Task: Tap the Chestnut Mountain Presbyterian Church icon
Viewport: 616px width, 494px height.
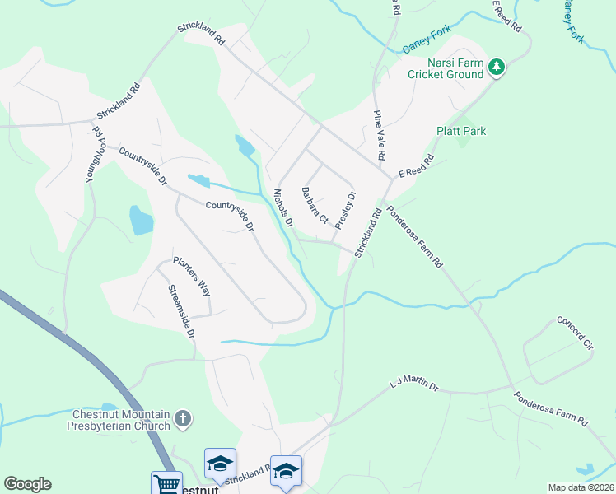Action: pos(183,420)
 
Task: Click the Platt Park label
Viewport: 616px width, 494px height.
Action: pos(461,131)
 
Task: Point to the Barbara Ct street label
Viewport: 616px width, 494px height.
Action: pos(315,207)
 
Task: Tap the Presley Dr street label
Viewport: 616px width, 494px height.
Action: pos(346,210)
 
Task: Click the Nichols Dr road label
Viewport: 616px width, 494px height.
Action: pos(282,207)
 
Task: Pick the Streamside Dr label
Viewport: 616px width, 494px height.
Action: pos(180,312)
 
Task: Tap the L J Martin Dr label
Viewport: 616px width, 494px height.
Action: pos(414,384)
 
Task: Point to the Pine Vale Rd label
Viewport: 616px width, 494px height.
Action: pos(380,135)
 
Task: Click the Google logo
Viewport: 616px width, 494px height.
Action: pos(27,484)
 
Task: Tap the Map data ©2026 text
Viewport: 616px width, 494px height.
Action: pos(581,487)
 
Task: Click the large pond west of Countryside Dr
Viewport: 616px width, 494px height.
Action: pos(141,221)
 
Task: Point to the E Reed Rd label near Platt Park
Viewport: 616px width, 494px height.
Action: pos(416,166)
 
